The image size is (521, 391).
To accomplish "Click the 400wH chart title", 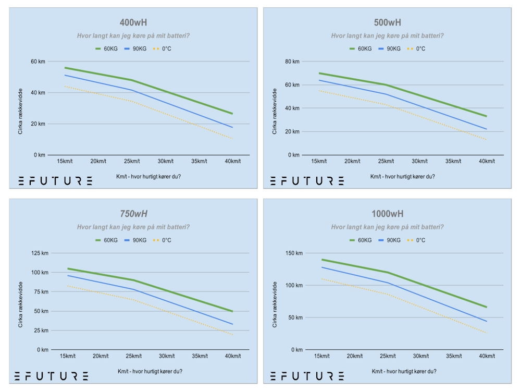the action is pos(133,22).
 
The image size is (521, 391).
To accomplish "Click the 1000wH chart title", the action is pos(388,214).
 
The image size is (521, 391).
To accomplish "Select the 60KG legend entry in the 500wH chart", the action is pos(361,48).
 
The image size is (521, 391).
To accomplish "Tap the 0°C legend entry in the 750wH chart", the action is pos(162,240).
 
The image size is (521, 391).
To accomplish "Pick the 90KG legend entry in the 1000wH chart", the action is pos(389,240).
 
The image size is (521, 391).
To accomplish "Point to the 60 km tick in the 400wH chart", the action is pos(38,62).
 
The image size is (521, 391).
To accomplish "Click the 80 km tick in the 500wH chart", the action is pos(292,62).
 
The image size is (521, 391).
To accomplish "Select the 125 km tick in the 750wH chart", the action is pos(40,253).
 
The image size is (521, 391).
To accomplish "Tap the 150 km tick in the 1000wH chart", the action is pos(294,253).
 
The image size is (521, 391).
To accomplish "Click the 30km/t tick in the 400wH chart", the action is pos(166,161).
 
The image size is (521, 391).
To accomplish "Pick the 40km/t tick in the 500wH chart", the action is pos(487,161).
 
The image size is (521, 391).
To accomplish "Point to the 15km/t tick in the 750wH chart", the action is pos(67,356).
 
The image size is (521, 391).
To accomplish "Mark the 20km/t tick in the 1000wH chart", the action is pos(354,356).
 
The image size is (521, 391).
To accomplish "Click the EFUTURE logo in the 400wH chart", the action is pos(56,181).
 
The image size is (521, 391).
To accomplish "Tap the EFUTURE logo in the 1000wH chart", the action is pos(307,376).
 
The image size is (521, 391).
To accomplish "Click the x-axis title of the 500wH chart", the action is pos(402,177).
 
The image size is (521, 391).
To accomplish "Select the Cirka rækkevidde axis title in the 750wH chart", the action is pos(21,304).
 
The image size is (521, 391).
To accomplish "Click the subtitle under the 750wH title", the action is pos(133,227).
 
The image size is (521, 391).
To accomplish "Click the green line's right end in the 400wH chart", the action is pos(232,114).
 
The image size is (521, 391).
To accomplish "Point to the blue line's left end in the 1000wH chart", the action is pos(322,267).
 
